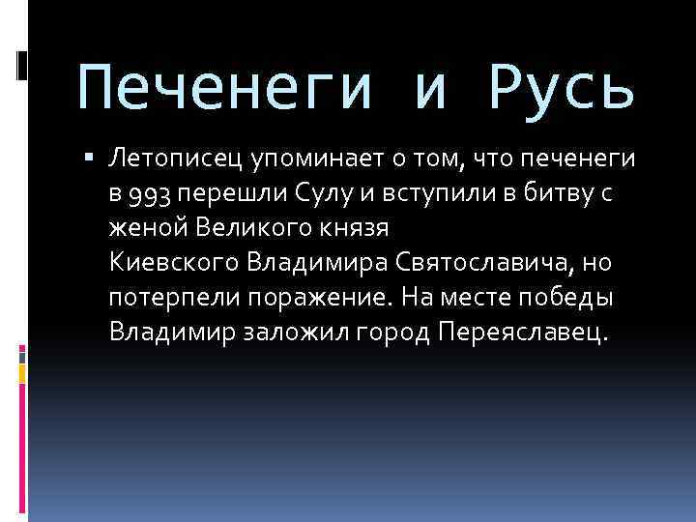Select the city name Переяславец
523,333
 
